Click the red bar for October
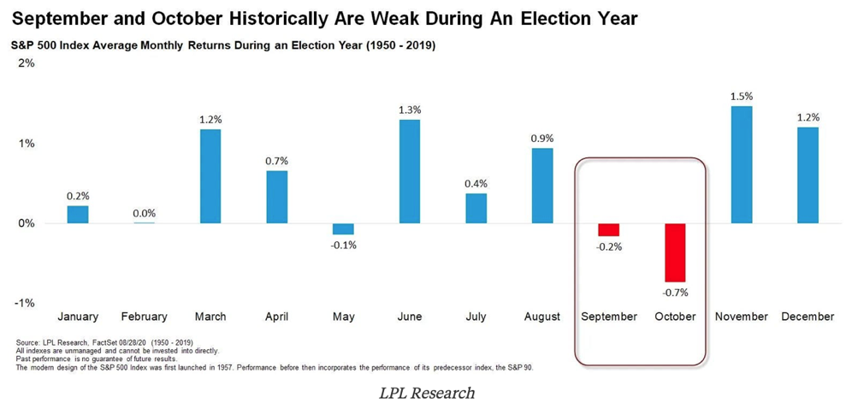tap(675, 252)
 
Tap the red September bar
tap(609, 229)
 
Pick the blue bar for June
tap(410, 171)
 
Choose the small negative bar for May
tap(343, 228)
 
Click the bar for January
tap(78, 214)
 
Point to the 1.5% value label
tap(742, 97)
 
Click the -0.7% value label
tap(675, 292)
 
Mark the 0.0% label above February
tap(144, 213)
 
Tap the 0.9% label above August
tap(542, 139)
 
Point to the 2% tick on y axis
tap(27, 64)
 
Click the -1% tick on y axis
tap(25, 303)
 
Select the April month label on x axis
tap(276, 317)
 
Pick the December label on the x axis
tap(808, 317)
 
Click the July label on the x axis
tap(476, 317)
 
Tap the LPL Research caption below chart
tap(427, 393)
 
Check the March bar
tap(210, 176)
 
